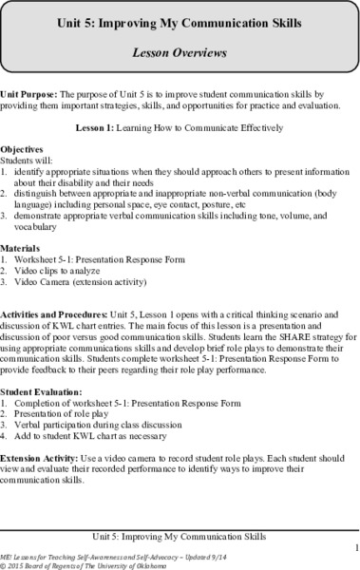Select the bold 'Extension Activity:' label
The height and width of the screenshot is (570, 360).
point(41,459)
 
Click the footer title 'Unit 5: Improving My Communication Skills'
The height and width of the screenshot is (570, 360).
point(180,535)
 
